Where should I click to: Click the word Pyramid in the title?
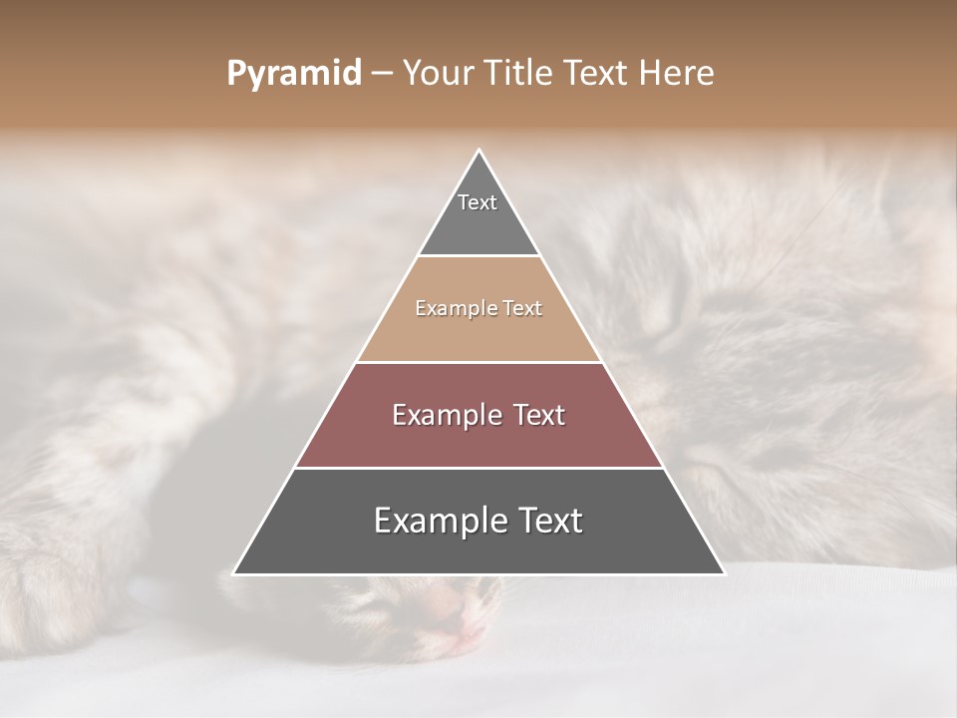pyautogui.click(x=294, y=73)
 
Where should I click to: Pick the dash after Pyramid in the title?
pyautogui.click(x=382, y=74)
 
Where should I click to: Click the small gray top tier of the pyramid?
pyautogui.click(x=478, y=224)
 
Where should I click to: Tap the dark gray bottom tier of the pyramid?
pyautogui.click(x=478, y=543)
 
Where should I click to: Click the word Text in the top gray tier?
pyautogui.click(x=478, y=202)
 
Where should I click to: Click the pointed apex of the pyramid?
pyautogui.click(x=479, y=153)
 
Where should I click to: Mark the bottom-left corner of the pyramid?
pyautogui.click(x=235, y=572)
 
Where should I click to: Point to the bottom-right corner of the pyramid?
pyautogui.click(x=723, y=572)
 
